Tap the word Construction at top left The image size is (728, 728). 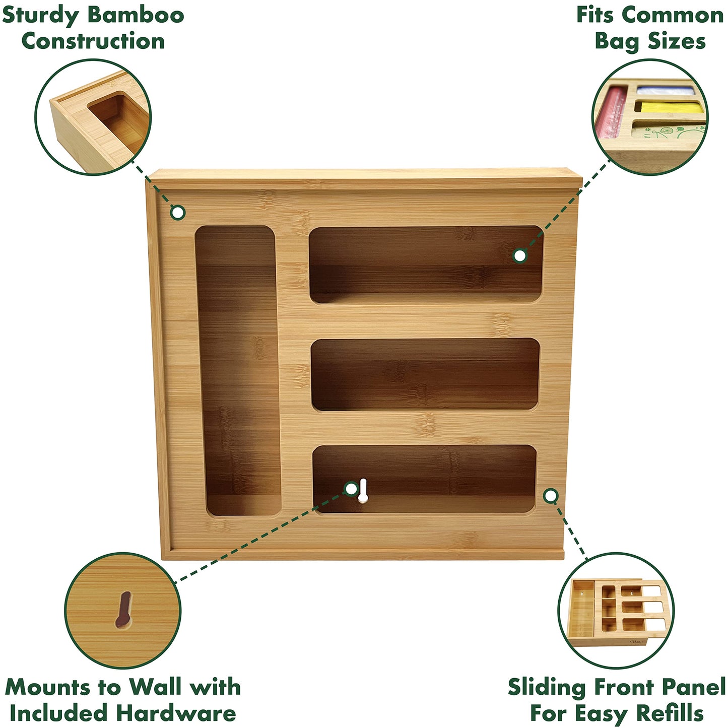[x=93, y=41]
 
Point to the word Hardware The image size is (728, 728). [x=176, y=713]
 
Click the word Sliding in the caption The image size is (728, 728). [x=547, y=687]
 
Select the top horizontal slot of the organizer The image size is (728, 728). [x=426, y=264]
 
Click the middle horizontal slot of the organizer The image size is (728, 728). [x=426, y=374]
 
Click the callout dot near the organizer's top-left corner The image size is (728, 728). [x=177, y=213]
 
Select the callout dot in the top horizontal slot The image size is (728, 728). [x=520, y=256]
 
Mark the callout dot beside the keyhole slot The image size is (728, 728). [x=351, y=488]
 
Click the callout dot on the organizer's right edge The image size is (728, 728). [x=551, y=496]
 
